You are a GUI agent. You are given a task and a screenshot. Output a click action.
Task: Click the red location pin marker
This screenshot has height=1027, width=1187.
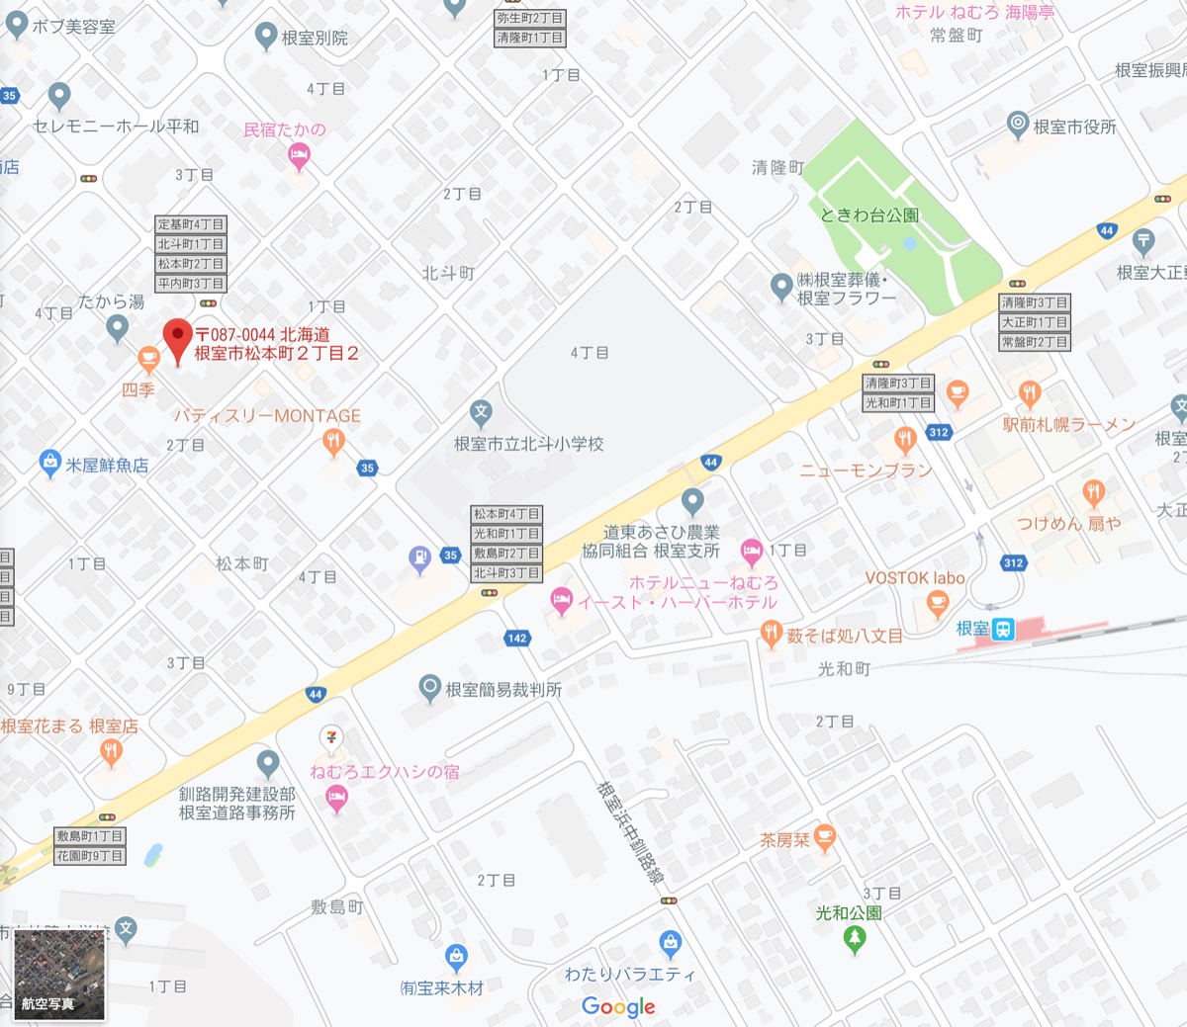pyautogui.click(x=178, y=339)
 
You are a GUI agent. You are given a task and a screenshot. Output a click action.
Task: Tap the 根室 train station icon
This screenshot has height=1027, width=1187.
pyautogui.click(x=1003, y=629)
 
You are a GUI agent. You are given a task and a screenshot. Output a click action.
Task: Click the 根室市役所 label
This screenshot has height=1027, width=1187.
pyautogui.click(x=1074, y=127)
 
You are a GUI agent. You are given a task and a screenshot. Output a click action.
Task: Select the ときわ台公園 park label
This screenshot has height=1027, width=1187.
pyautogui.click(x=869, y=214)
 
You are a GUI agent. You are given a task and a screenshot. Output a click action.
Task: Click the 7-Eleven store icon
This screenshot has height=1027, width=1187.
pyautogui.click(x=330, y=737)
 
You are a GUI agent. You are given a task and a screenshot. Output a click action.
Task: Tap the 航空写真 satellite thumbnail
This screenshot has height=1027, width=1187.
pyautogui.click(x=59, y=974)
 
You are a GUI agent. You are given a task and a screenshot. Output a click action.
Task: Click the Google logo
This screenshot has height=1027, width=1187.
pyautogui.click(x=618, y=1006)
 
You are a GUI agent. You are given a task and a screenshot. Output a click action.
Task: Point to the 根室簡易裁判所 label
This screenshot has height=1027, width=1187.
pyautogui.click(x=503, y=690)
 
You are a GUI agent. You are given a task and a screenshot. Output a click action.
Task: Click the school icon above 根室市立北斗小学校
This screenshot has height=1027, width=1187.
pyautogui.click(x=481, y=412)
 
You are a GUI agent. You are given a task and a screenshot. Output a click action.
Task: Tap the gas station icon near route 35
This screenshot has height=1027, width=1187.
pyautogui.click(x=420, y=558)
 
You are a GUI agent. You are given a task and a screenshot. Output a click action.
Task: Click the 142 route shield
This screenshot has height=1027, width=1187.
pyautogui.click(x=516, y=639)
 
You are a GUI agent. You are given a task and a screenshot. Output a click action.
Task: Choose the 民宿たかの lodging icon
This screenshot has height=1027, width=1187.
pyautogui.click(x=299, y=155)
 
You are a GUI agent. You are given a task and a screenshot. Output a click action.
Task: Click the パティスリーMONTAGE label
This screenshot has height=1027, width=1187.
pyautogui.click(x=267, y=416)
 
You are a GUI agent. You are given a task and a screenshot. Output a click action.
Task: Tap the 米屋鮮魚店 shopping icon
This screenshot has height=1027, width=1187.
pyautogui.click(x=49, y=462)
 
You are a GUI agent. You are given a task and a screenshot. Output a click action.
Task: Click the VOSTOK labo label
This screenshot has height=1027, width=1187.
pyautogui.click(x=914, y=578)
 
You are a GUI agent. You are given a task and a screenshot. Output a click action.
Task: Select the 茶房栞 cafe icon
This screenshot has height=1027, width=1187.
pyautogui.click(x=825, y=838)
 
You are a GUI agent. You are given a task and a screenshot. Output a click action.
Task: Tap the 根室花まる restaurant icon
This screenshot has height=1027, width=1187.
pyautogui.click(x=111, y=753)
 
